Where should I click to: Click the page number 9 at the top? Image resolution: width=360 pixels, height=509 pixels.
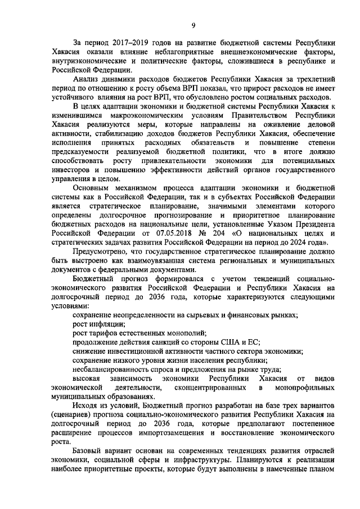pyautogui.click(x=193, y=25)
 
